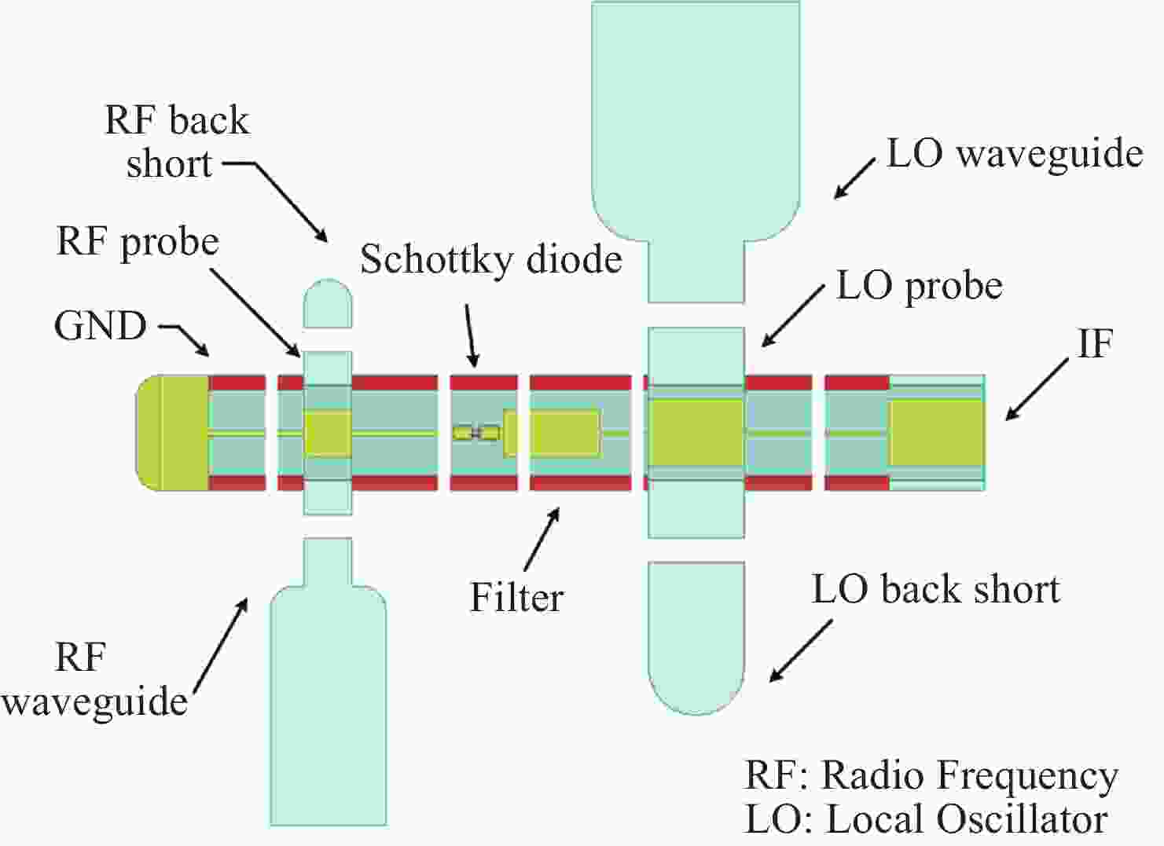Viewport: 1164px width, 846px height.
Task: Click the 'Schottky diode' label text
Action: tap(490, 259)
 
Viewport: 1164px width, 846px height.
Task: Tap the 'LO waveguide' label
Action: tap(1014, 154)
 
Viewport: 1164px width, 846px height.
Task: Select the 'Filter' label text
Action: tap(516, 597)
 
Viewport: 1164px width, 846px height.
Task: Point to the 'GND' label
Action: tap(101, 325)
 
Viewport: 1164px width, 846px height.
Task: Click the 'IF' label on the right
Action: tap(1095, 344)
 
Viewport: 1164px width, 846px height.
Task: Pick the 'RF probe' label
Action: tap(138, 242)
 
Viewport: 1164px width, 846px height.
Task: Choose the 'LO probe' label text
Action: tap(919, 286)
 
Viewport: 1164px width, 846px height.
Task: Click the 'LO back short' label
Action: tap(935, 589)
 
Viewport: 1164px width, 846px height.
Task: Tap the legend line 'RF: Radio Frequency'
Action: tap(931, 775)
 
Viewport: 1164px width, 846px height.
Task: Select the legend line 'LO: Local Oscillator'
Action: tap(926, 819)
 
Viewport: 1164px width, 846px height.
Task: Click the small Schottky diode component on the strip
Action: tap(476, 432)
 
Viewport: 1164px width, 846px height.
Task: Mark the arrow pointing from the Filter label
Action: tap(542, 539)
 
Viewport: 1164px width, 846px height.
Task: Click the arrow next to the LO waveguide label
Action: tap(854, 178)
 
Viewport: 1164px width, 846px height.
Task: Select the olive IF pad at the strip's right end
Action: tap(936, 433)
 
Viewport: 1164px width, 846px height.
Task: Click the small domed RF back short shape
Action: tap(328, 303)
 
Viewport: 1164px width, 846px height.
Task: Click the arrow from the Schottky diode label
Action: tap(470, 335)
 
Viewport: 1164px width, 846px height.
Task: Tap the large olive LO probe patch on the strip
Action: tap(696, 433)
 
